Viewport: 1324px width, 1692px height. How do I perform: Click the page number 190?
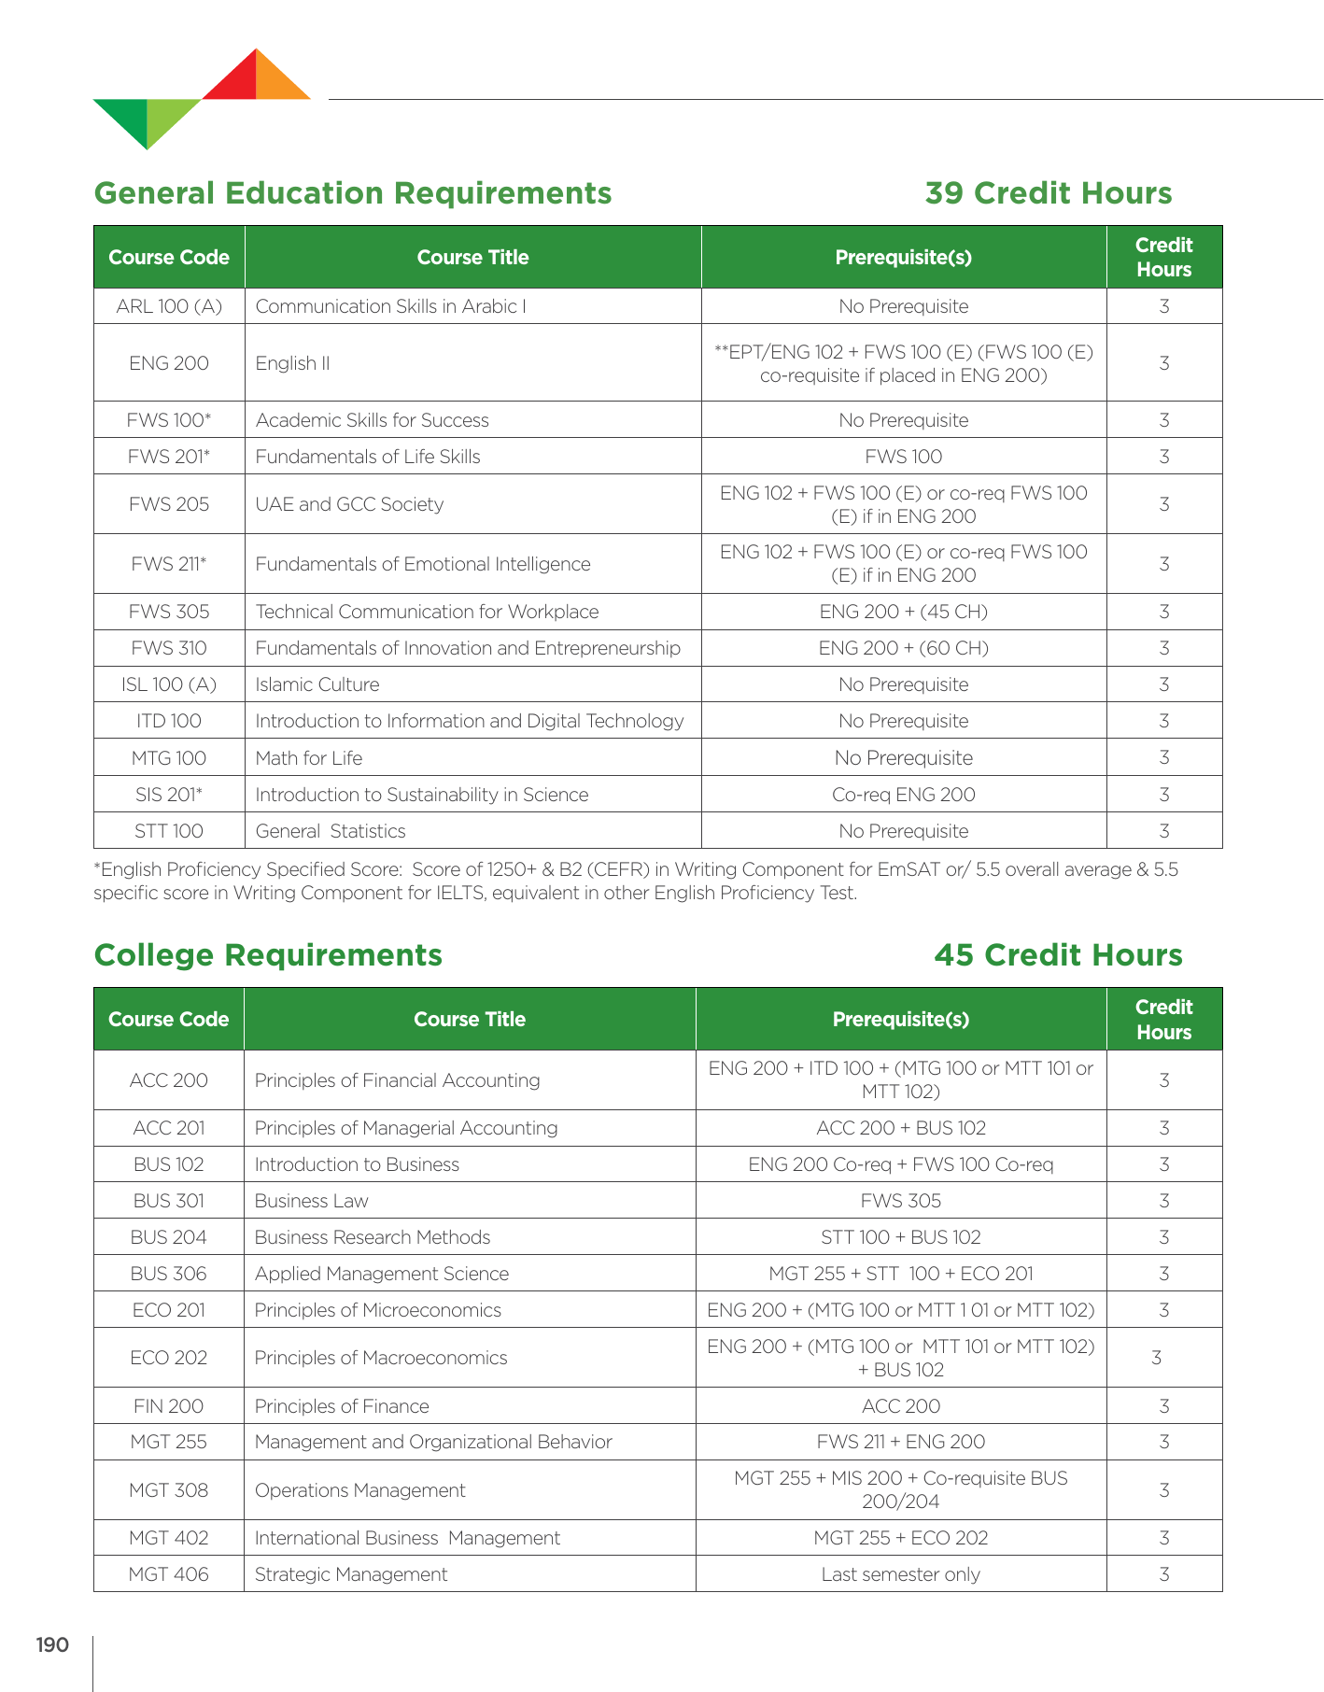pos(52,1644)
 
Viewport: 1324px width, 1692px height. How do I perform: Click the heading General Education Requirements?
pos(353,193)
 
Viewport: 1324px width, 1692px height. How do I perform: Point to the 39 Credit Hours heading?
pos(1048,193)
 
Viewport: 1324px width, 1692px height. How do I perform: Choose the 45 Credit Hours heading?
pos(1058,955)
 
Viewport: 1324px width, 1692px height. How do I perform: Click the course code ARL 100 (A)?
pos(169,306)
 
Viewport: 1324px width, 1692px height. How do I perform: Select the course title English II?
pos(292,363)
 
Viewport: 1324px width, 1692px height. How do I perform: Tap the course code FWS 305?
pos(169,612)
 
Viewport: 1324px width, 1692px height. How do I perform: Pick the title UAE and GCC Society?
pos(349,504)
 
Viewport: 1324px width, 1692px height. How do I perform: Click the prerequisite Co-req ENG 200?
pos(903,795)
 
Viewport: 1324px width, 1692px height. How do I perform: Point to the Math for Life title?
pos(308,758)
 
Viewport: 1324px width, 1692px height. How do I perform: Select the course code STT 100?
pos(169,831)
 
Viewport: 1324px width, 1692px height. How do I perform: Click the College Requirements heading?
pos(268,955)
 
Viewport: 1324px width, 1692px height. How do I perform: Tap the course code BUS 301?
pos(168,1201)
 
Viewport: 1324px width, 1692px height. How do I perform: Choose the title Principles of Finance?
pos(342,1406)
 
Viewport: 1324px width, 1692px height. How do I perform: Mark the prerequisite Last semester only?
pos(900,1574)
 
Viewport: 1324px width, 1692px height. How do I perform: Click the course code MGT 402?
pos(168,1538)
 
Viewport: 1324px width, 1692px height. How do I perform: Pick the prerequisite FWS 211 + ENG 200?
pos(900,1442)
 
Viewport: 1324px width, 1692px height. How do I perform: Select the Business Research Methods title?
pos(372,1237)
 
